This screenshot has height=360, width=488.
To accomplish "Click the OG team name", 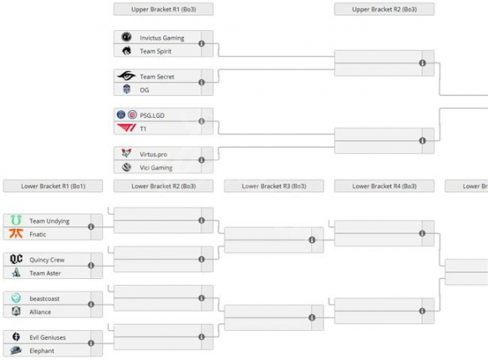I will (x=144, y=89).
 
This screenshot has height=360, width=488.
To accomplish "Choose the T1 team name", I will (x=143, y=127).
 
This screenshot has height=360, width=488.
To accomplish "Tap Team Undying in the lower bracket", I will (x=49, y=221).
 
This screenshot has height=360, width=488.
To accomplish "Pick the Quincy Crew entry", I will (x=47, y=259).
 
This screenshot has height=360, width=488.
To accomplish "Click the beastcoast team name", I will (x=44, y=298).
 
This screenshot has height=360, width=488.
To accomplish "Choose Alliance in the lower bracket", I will (x=42, y=312).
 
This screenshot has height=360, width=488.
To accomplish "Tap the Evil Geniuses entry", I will (x=48, y=337).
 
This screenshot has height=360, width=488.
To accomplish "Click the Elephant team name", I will (x=42, y=350).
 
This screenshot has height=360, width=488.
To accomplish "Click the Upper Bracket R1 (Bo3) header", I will (x=163, y=9).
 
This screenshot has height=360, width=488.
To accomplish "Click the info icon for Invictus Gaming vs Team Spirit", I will (x=202, y=43).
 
